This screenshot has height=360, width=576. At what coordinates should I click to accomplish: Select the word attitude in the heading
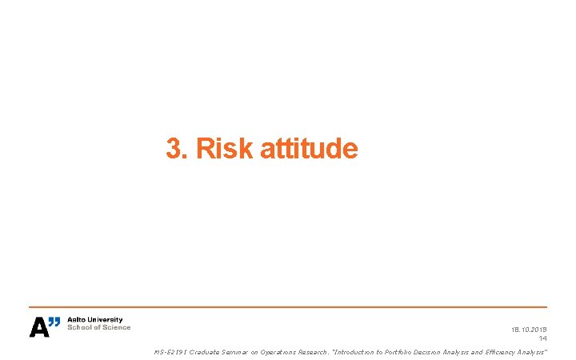pyautogui.click(x=310, y=149)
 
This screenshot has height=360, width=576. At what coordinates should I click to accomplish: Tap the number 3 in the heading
pyautogui.click(x=172, y=149)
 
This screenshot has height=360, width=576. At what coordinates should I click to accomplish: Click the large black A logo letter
pyautogui.click(x=38, y=327)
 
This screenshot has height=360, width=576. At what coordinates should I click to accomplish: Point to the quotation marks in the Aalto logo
pyautogui.click(x=54, y=322)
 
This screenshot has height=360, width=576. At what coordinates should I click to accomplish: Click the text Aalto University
pyautogui.click(x=94, y=320)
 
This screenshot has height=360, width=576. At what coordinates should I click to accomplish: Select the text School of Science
pyautogui.click(x=98, y=327)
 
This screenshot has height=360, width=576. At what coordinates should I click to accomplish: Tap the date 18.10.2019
pyautogui.click(x=529, y=329)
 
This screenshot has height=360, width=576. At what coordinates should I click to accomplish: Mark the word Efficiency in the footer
pyautogui.click(x=502, y=352)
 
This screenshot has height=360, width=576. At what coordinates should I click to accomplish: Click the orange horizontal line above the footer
pyautogui.click(x=288, y=307)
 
